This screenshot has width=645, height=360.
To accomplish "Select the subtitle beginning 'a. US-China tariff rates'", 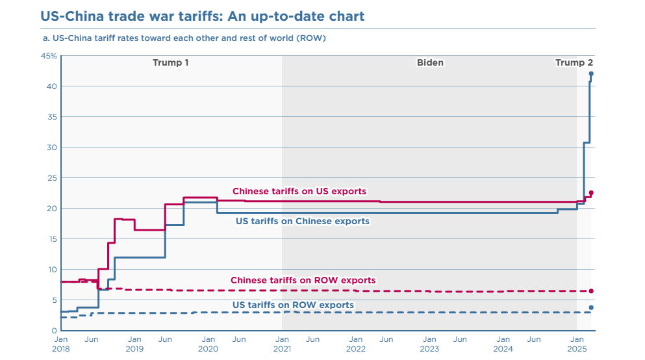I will click(184, 38).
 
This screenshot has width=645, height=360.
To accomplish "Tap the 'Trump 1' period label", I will click(171, 63).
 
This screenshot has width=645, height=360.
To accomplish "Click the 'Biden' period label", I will click(430, 63).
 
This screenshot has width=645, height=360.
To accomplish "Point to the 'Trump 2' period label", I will click(574, 63).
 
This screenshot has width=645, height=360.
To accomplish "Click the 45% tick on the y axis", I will click(49, 57).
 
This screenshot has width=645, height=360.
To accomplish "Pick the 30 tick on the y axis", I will click(52, 148).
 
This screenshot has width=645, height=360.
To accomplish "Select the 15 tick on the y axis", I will click(52, 239).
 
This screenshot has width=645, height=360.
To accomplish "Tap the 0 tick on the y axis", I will click(54, 331).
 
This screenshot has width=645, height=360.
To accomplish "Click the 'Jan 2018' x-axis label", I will click(60, 344).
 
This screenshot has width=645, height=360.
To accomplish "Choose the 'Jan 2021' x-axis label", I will click(282, 344).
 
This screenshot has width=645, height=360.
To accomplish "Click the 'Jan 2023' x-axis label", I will click(429, 344).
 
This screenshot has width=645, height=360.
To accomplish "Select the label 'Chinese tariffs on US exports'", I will click(299, 192).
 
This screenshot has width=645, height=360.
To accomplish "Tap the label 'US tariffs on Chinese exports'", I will click(302, 222).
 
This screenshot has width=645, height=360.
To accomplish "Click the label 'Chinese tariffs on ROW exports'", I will click(303, 281).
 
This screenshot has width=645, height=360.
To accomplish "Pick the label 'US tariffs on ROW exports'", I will click(293, 305).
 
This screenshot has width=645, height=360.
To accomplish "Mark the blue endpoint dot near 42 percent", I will click(591, 74).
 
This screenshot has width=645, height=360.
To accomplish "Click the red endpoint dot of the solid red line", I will click(591, 193).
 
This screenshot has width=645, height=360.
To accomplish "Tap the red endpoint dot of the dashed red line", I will click(591, 291).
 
